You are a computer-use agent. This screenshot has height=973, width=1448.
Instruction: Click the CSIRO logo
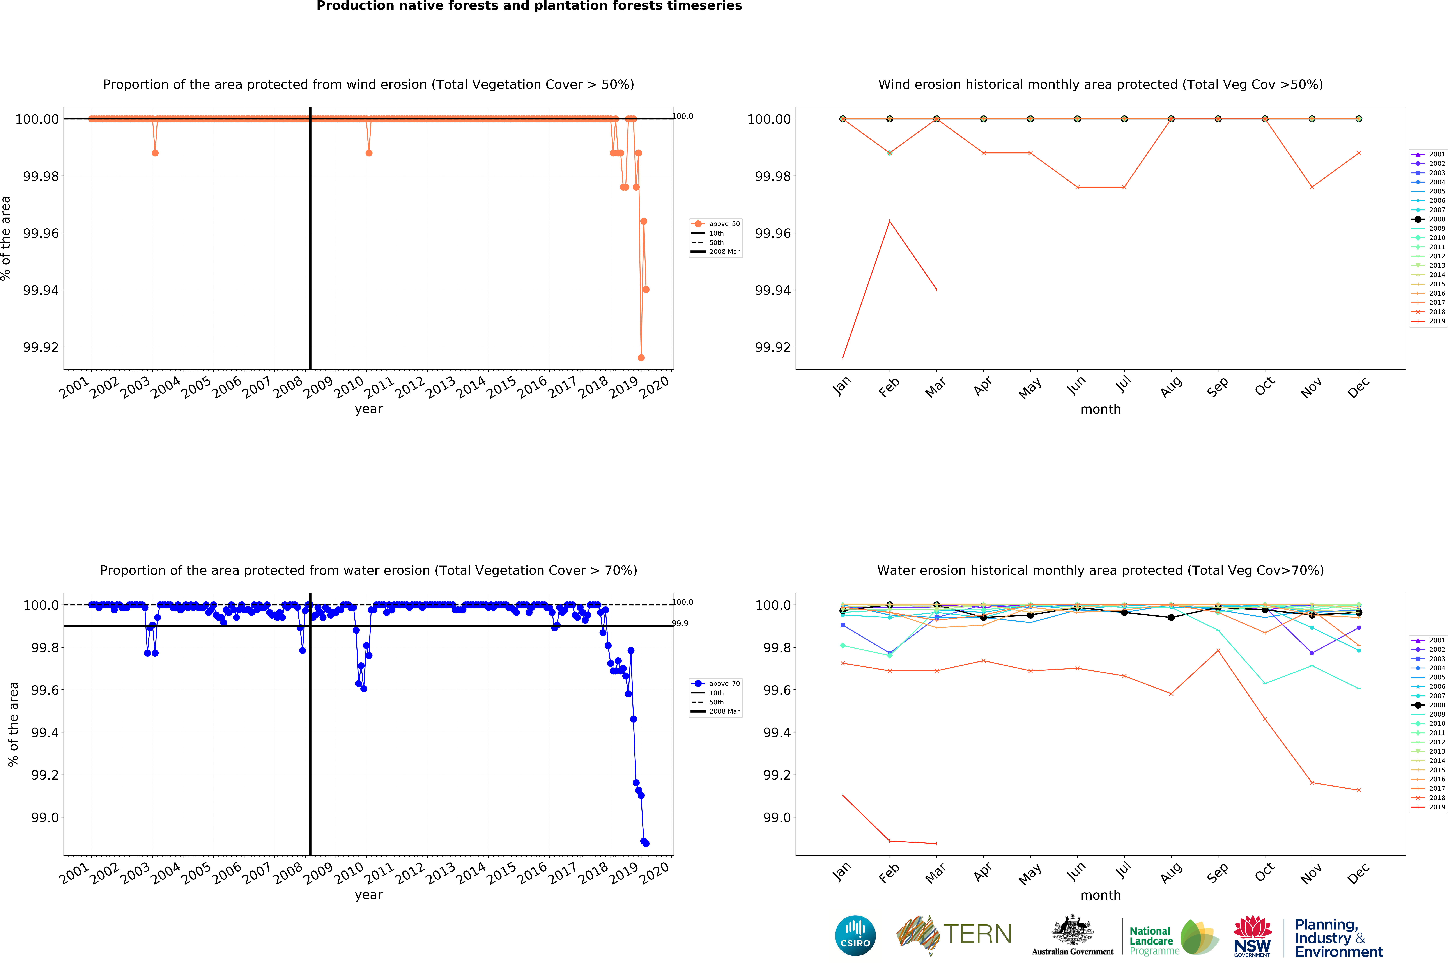coord(855,935)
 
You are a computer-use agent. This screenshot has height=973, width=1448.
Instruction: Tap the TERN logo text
coord(977,934)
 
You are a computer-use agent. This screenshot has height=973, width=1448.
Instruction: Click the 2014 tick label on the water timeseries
coord(471,872)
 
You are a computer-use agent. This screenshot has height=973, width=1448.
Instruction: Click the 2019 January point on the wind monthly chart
coord(843,358)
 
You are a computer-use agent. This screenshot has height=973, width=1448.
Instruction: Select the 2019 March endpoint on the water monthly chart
coord(936,843)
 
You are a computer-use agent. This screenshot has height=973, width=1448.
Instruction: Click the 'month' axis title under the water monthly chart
coord(1100,895)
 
